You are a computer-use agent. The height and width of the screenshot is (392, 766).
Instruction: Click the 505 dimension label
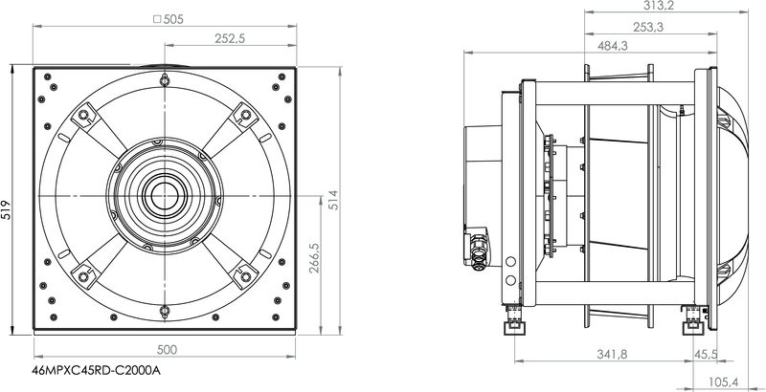(x=173, y=19)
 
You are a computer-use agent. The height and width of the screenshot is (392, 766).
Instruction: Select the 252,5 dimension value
(x=230, y=38)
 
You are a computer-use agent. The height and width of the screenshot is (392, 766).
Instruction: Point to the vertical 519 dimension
(x=6, y=209)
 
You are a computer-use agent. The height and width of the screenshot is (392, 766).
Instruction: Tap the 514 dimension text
(x=332, y=200)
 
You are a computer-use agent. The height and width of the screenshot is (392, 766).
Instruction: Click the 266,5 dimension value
(x=315, y=258)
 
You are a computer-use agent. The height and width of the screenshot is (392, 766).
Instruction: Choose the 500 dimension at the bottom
(x=167, y=350)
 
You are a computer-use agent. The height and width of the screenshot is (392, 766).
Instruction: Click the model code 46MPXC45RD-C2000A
(x=96, y=371)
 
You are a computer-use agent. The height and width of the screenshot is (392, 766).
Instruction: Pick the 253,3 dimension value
(x=648, y=28)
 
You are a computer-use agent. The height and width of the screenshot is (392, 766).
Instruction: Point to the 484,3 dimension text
(x=613, y=46)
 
